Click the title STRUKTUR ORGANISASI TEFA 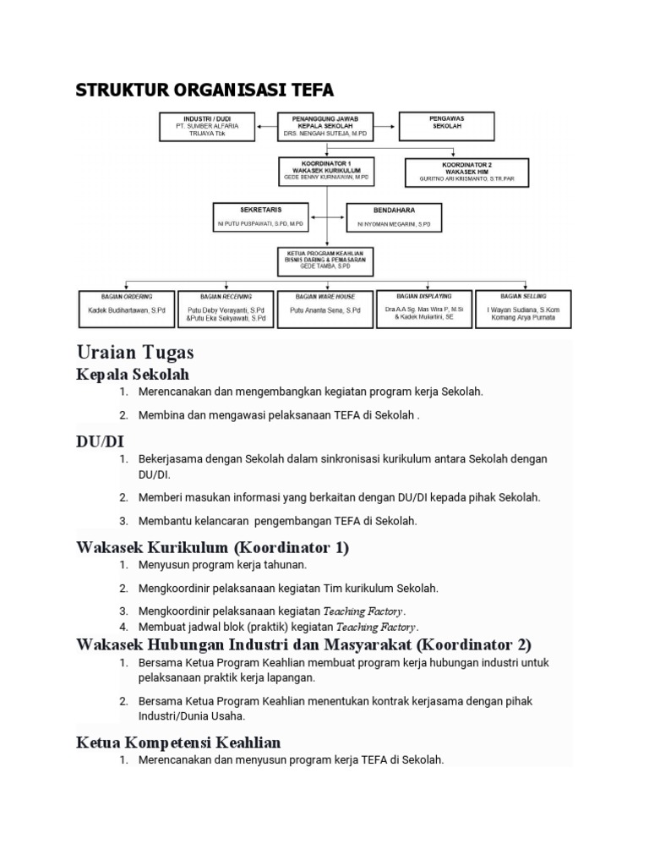[x=205, y=90]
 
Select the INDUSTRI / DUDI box [x=207, y=127]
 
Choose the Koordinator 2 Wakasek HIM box [x=466, y=172]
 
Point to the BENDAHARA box [x=394, y=216]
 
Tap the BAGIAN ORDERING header [x=126, y=297]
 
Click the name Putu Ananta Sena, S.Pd [x=325, y=311]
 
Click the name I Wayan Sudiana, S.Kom [x=523, y=310]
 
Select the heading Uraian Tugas [x=135, y=352]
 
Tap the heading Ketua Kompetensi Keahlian [x=178, y=742]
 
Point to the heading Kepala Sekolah [x=133, y=374]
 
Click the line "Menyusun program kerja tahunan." [x=222, y=565]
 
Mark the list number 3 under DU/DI [x=123, y=521]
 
